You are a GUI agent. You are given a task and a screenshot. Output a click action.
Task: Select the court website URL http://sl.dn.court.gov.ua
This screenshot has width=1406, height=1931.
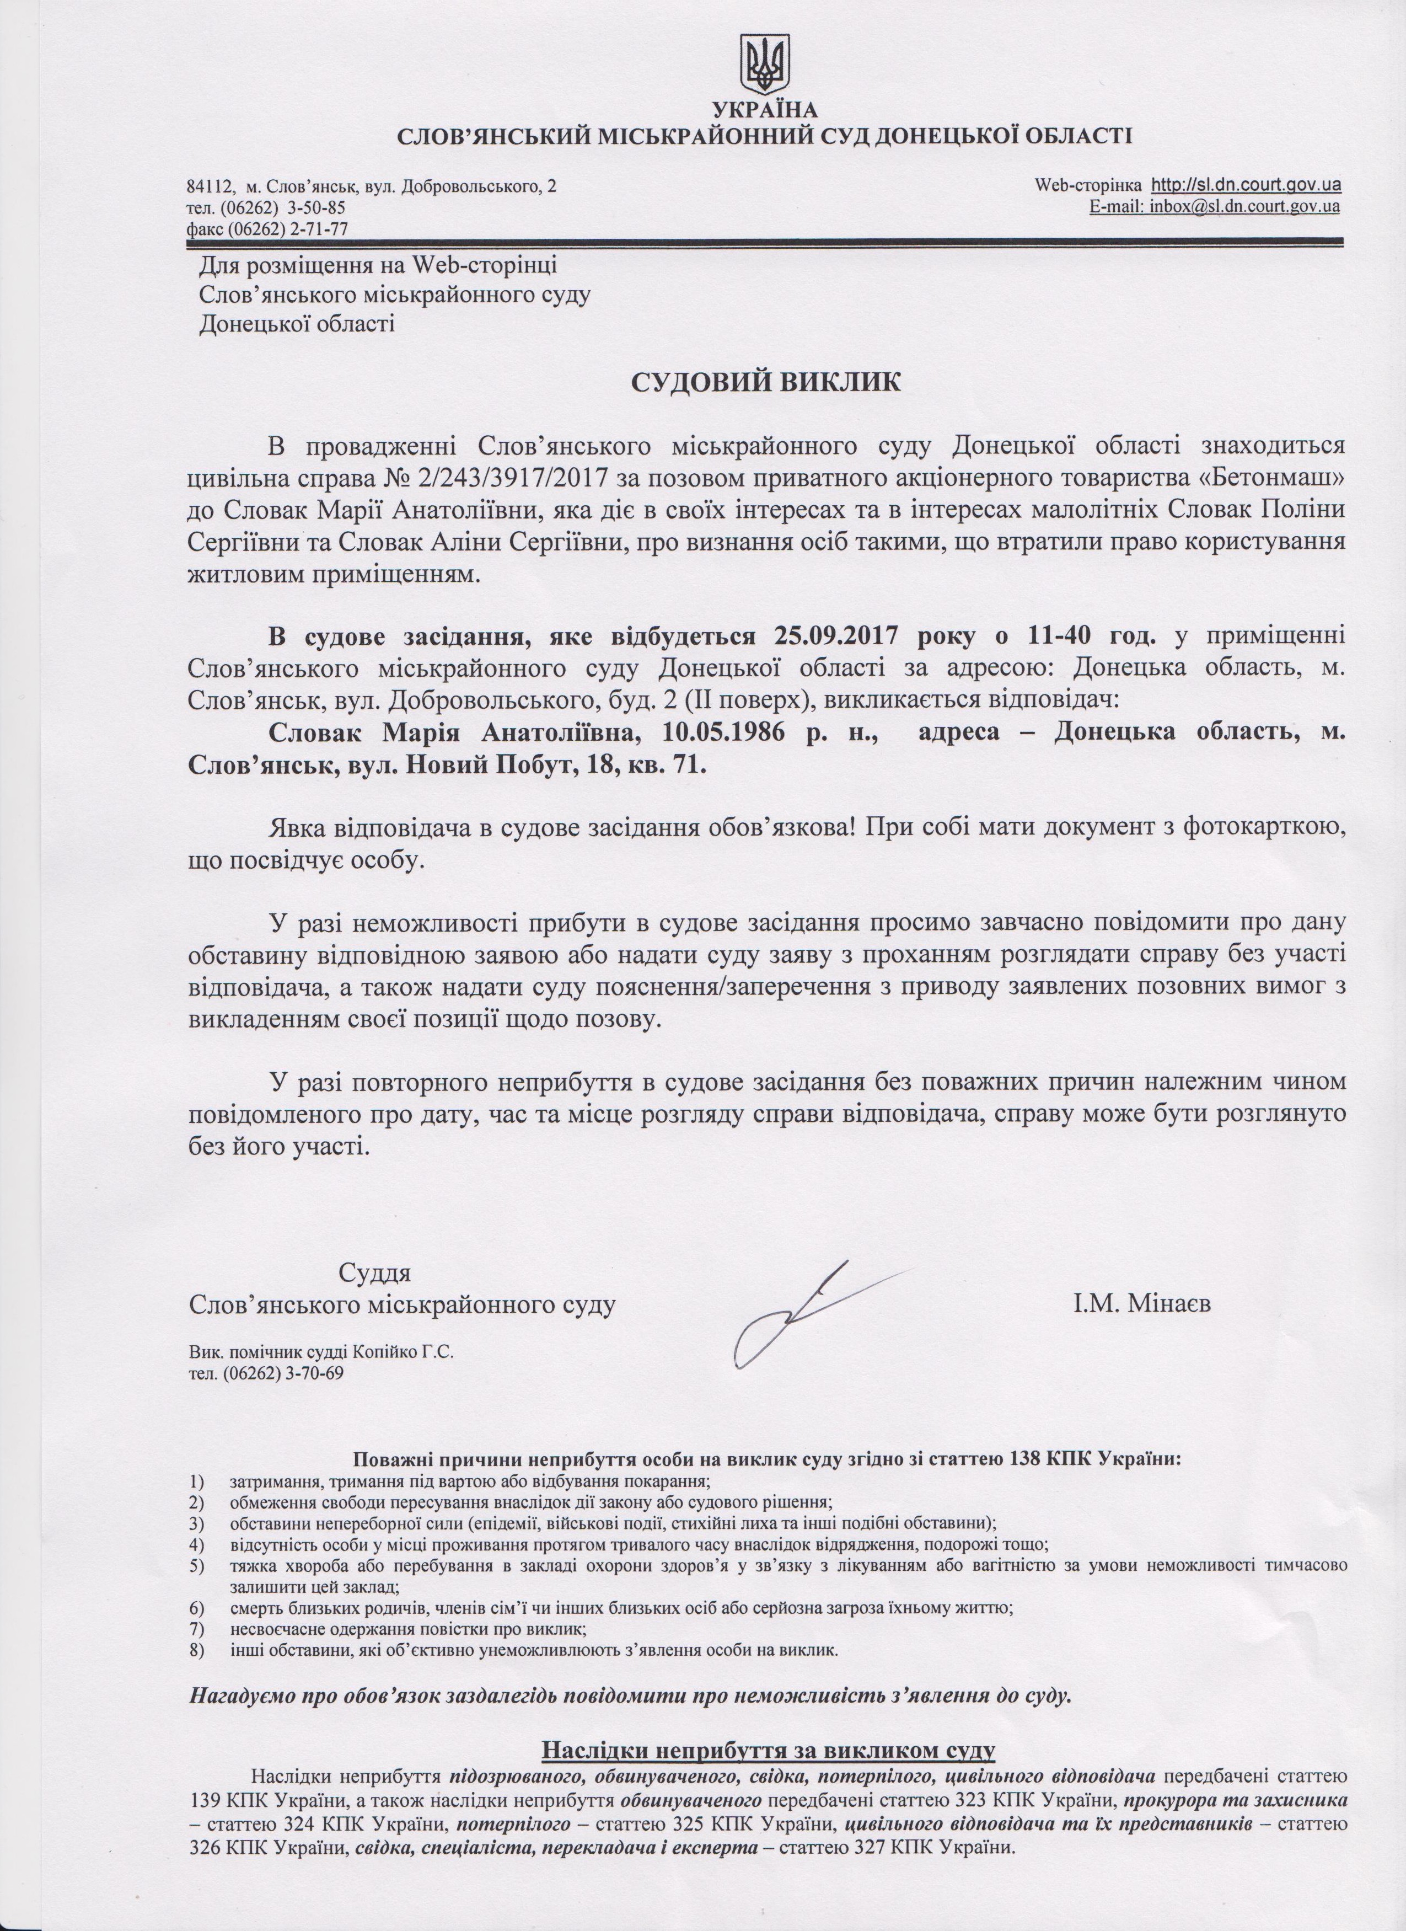1247,185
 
